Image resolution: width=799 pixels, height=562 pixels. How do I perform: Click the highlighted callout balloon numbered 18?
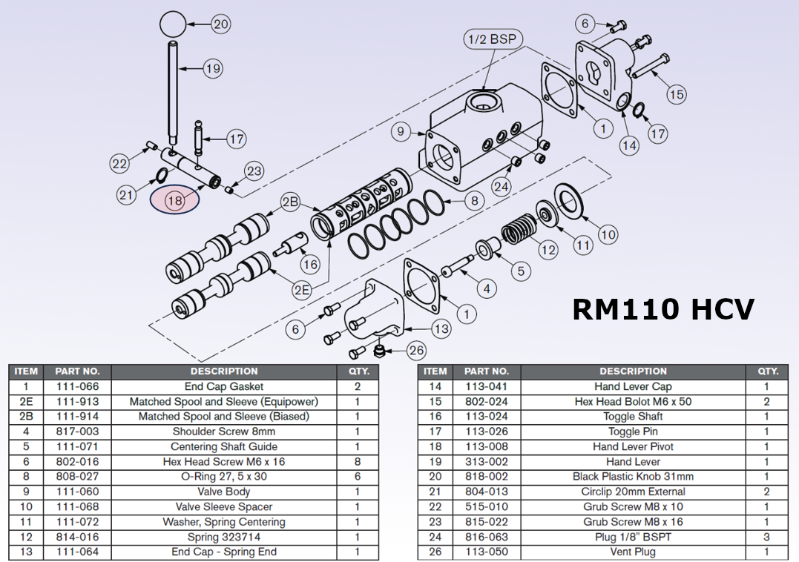tap(174, 200)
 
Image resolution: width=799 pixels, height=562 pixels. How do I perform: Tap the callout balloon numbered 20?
tap(220, 24)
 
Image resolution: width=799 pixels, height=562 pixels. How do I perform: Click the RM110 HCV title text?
tap(663, 308)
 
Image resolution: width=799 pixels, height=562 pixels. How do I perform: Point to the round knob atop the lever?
tap(172, 24)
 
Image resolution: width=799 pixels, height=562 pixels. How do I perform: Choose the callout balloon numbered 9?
tap(401, 132)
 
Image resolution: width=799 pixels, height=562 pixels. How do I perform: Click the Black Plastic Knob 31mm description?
tap(633, 477)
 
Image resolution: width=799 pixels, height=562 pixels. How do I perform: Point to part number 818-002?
tap(487, 477)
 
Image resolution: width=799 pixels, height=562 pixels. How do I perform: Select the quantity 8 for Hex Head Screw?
tap(358, 461)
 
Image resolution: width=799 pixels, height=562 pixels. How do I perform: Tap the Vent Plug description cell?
tap(633, 552)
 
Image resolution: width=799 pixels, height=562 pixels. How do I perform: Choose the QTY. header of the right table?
tap(767, 371)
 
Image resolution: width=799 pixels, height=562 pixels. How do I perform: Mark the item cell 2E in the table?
tap(26, 401)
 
